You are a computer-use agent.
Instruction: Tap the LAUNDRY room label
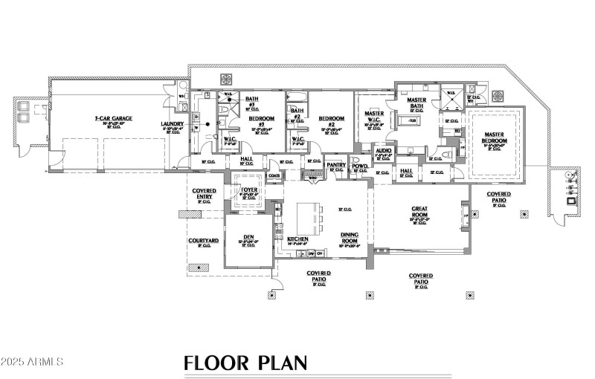coord(172,124)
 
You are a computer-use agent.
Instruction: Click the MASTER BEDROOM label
coord(495,138)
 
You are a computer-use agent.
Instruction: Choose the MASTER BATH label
coord(416,103)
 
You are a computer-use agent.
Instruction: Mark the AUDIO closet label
coord(384,151)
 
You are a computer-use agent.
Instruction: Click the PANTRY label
coord(336,164)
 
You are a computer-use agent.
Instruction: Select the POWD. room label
coord(360,165)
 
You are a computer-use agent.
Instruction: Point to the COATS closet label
coord(273,175)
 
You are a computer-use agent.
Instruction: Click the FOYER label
coord(248,189)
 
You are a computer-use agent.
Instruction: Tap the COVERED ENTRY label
coord(205,192)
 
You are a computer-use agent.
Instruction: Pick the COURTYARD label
coord(202,242)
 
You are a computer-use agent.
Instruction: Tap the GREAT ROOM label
coord(422,213)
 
